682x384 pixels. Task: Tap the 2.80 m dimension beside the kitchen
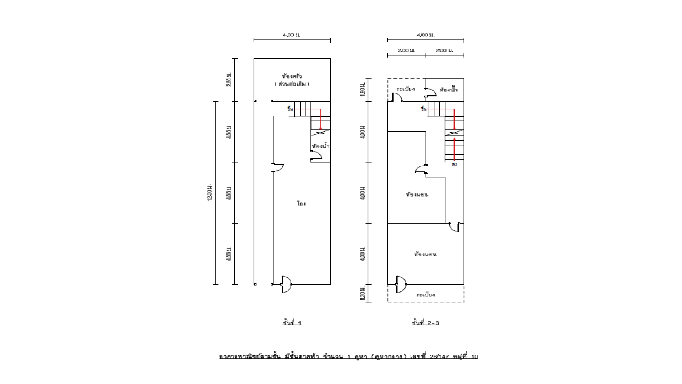pyautogui.click(x=229, y=79)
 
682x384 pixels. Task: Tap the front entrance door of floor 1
pyautogui.click(x=286, y=284)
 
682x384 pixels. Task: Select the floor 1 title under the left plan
pyautogui.click(x=292, y=323)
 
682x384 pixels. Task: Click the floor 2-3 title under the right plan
pyautogui.click(x=426, y=323)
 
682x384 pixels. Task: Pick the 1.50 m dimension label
pyautogui.click(x=362, y=89)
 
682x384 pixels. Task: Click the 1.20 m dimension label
pyautogui.click(x=362, y=294)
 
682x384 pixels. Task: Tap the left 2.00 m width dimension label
pyautogui.click(x=406, y=50)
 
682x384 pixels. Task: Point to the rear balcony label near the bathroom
pyautogui.click(x=406, y=89)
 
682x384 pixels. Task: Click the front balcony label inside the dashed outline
pyautogui.click(x=426, y=295)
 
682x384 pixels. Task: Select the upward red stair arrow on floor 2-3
pyautogui.click(x=454, y=149)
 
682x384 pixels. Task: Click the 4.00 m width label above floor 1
pyautogui.click(x=292, y=35)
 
